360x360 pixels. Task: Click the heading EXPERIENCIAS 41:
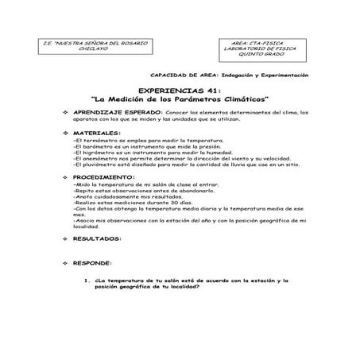179,91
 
